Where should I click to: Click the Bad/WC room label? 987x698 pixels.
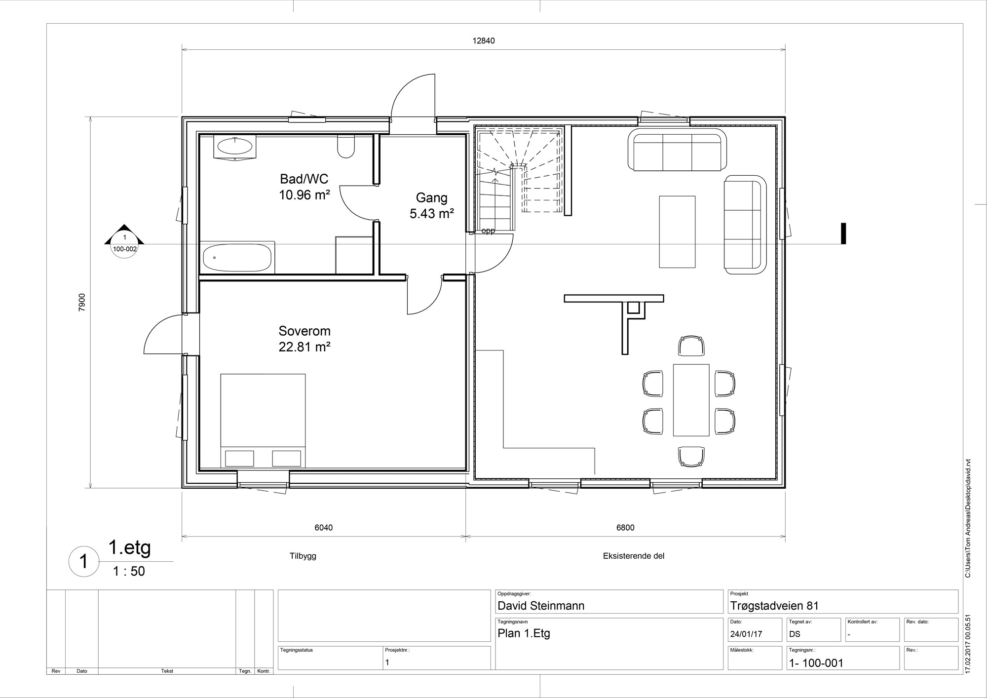coord(304,179)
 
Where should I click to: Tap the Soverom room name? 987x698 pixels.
coord(304,331)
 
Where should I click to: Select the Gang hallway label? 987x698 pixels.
coord(432,198)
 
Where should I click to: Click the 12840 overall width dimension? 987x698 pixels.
coord(484,41)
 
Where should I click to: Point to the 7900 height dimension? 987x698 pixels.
coord(82,302)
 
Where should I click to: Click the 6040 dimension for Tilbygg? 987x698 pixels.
coord(324,528)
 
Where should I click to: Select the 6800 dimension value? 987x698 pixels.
coord(625,528)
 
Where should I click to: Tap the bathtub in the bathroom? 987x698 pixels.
coord(237,257)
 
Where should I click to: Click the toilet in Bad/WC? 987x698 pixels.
coord(346,146)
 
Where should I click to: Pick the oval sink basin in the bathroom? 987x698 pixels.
coord(235,146)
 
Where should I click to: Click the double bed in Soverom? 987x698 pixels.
coord(263,421)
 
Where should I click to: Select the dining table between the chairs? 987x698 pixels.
coord(691,400)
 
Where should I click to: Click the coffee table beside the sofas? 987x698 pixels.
coord(677,232)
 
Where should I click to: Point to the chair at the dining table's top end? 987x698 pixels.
coord(691,346)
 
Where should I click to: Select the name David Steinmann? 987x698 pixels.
coord(541,606)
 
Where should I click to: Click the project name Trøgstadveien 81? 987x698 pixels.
coord(774,606)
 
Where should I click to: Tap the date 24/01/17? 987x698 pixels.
coord(746,634)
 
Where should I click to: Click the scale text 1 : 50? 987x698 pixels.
coord(129,571)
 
